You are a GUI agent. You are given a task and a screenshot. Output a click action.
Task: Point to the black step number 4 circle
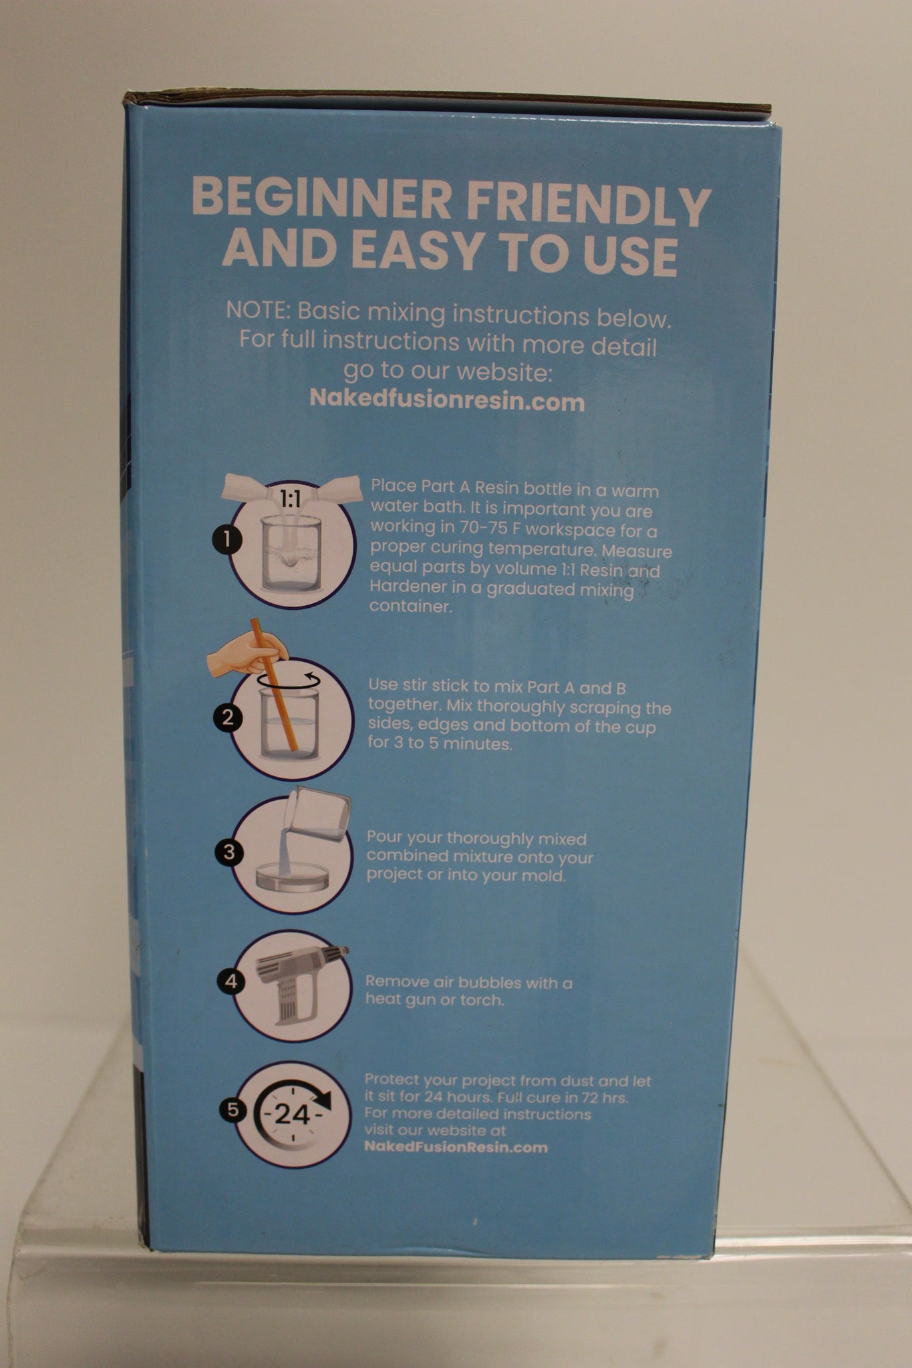tap(231, 981)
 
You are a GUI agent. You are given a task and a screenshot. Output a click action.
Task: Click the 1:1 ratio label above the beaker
tap(290, 499)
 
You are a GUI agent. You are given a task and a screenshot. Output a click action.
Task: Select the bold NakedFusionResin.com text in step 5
tap(456, 1147)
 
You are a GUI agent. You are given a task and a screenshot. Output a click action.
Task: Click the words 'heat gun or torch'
tap(434, 1000)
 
